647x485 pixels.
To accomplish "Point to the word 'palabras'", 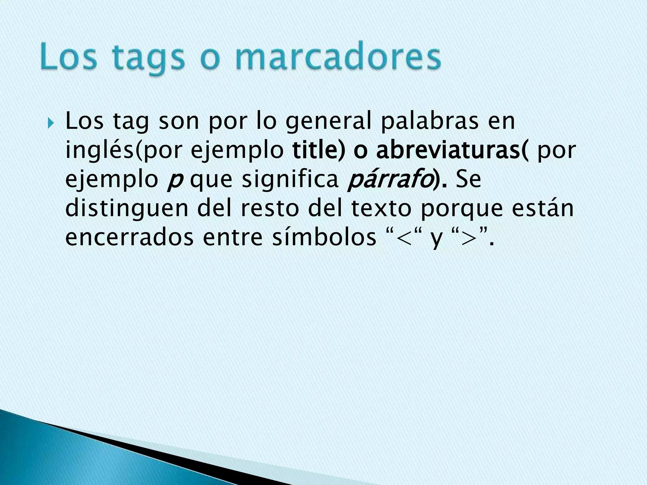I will point(430,122).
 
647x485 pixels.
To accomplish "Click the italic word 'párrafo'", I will point(389,179).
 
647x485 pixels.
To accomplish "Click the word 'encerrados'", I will point(129,237).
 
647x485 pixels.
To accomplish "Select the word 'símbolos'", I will point(324,237).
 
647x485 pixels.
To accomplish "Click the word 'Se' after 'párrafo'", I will point(469,179).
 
